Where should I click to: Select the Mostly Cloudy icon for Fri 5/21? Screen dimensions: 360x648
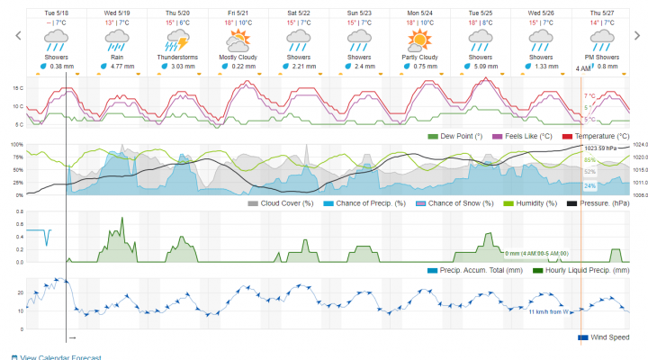[238, 40]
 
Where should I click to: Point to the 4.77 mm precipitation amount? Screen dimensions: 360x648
[121, 66]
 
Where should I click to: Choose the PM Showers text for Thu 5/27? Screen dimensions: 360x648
[602, 57]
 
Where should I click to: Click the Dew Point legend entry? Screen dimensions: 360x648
[463, 136]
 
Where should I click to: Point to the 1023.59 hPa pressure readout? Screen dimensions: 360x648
[601, 148]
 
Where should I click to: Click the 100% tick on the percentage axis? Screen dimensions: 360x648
[15, 144]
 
